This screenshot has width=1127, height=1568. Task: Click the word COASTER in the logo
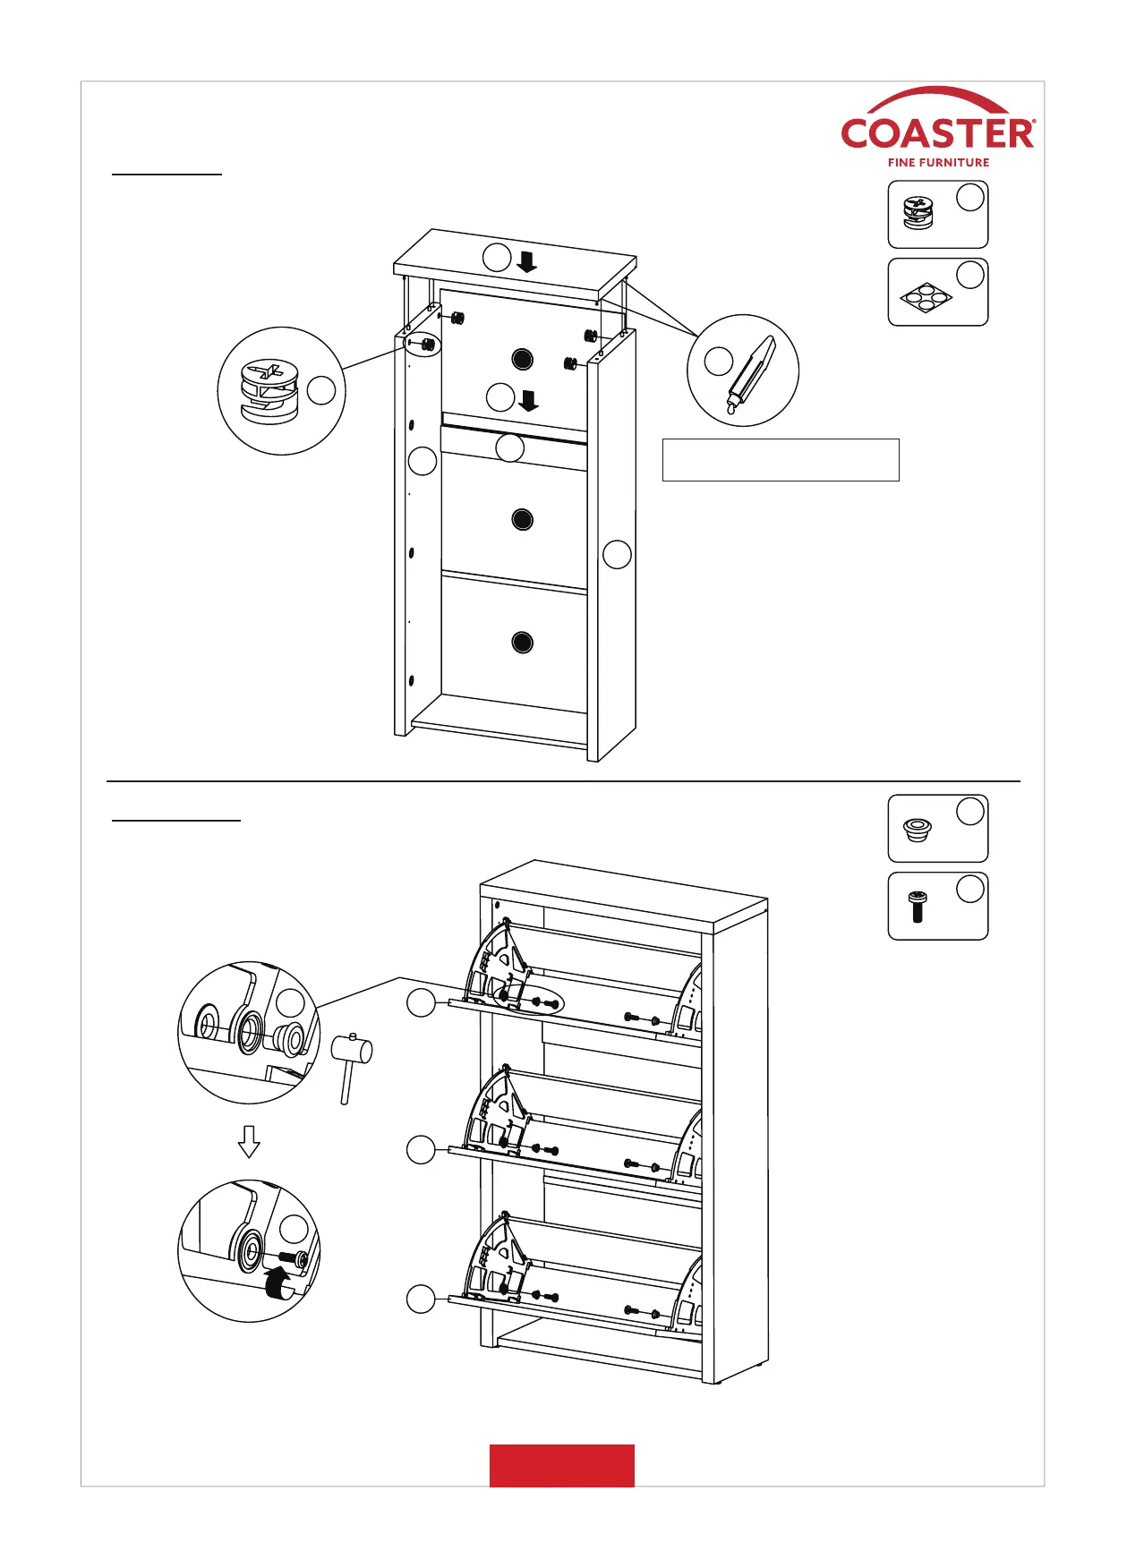[x=937, y=134]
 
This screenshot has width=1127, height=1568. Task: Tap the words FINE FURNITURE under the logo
[x=938, y=163]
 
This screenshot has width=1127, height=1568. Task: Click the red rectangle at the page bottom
[x=561, y=1465]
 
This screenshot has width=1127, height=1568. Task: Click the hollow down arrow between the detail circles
[x=249, y=1141]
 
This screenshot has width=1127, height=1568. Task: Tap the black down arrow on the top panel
[x=526, y=261]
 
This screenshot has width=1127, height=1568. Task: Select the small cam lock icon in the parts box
[x=918, y=213]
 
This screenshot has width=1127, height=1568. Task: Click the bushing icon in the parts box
[x=917, y=830]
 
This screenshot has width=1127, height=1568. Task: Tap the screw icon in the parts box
[x=917, y=907]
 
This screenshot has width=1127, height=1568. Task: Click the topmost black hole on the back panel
[x=523, y=360]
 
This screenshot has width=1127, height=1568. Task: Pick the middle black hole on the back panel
[x=523, y=519]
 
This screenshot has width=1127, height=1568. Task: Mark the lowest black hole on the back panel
[x=523, y=642]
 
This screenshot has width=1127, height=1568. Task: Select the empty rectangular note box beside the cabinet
[x=780, y=460]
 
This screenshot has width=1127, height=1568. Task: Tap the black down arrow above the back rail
[x=529, y=400]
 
